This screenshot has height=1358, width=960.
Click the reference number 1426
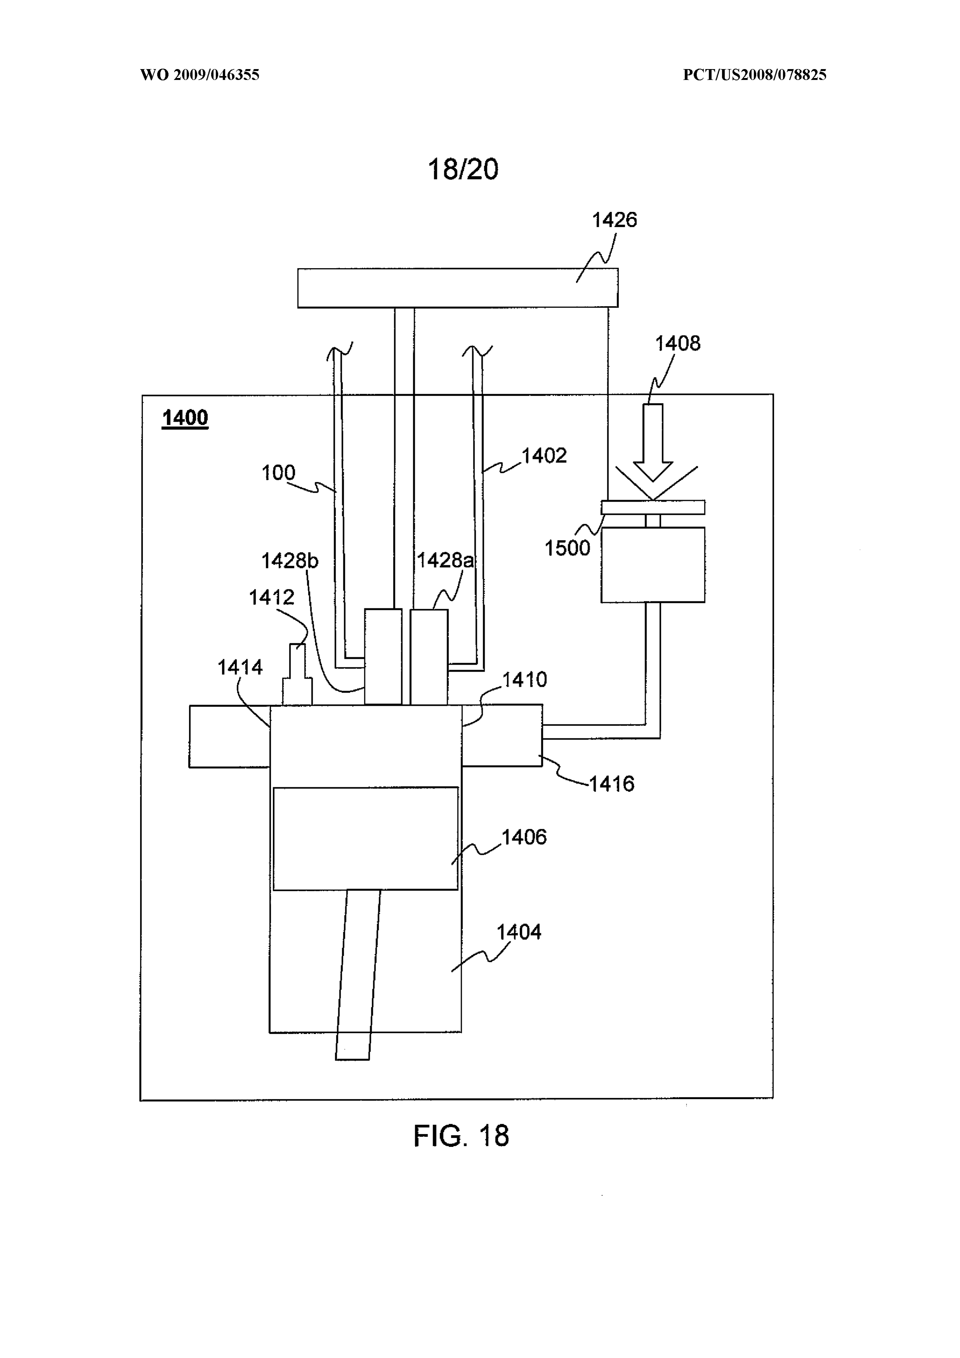click(x=615, y=220)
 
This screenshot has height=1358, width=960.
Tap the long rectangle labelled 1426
click(x=458, y=288)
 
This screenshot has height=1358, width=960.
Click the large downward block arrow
click(x=652, y=442)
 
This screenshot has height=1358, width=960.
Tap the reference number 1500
click(x=567, y=548)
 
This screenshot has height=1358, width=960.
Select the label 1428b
click(x=290, y=561)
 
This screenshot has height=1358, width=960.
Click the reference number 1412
click(x=272, y=598)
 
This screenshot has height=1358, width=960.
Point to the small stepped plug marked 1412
click(x=297, y=674)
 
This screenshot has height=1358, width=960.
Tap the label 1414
click(x=240, y=667)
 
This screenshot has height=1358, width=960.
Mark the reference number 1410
click(x=525, y=680)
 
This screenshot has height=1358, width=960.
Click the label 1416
click(x=612, y=784)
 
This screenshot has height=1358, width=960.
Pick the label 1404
click(x=519, y=932)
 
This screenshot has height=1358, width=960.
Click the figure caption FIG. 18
click(x=461, y=1136)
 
